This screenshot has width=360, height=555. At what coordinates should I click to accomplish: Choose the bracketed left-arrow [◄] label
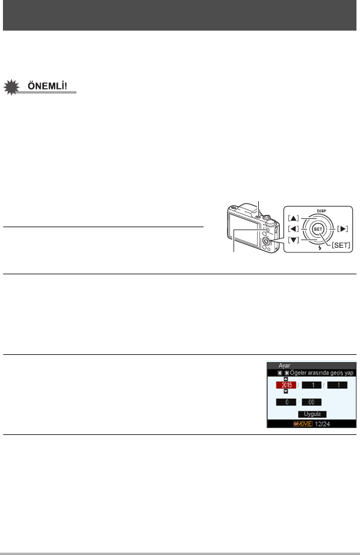[294, 228]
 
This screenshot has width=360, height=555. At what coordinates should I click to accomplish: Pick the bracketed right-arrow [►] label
[344, 228]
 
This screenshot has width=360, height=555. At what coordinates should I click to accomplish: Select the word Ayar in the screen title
[283, 365]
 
